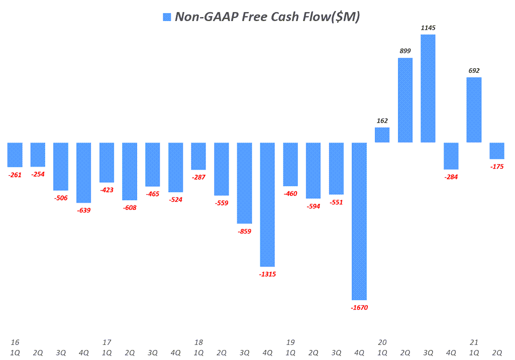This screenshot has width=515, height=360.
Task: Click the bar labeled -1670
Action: (x=359, y=221)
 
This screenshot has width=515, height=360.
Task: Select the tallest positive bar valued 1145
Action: (x=428, y=88)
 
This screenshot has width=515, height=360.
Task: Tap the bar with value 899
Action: (x=405, y=100)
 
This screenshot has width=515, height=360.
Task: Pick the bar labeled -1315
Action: (x=267, y=204)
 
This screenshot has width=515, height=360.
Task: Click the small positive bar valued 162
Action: (x=382, y=135)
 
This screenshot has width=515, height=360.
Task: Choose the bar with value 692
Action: (x=474, y=110)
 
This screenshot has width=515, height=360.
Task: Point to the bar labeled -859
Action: (x=245, y=183)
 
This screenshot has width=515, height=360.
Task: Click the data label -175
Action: (x=497, y=166)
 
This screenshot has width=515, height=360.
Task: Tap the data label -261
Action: (x=15, y=175)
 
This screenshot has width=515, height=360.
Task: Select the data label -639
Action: (x=84, y=210)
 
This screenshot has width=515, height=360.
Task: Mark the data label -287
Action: (x=198, y=177)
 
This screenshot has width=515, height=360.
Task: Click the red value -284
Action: (x=451, y=177)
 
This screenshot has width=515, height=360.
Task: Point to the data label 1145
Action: (x=428, y=28)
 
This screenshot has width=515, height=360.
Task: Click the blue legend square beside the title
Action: (x=167, y=17)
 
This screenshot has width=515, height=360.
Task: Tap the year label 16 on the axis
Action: (x=15, y=342)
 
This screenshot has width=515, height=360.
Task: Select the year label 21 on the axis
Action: (x=474, y=342)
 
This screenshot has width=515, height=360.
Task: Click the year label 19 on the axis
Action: (x=290, y=342)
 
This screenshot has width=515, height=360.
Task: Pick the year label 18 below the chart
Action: (x=198, y=342)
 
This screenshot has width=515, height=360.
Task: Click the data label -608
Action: (x=130, y=207)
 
